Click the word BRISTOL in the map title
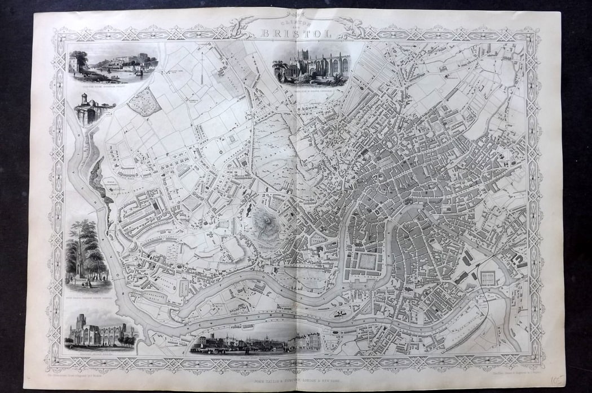click(296, 33)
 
